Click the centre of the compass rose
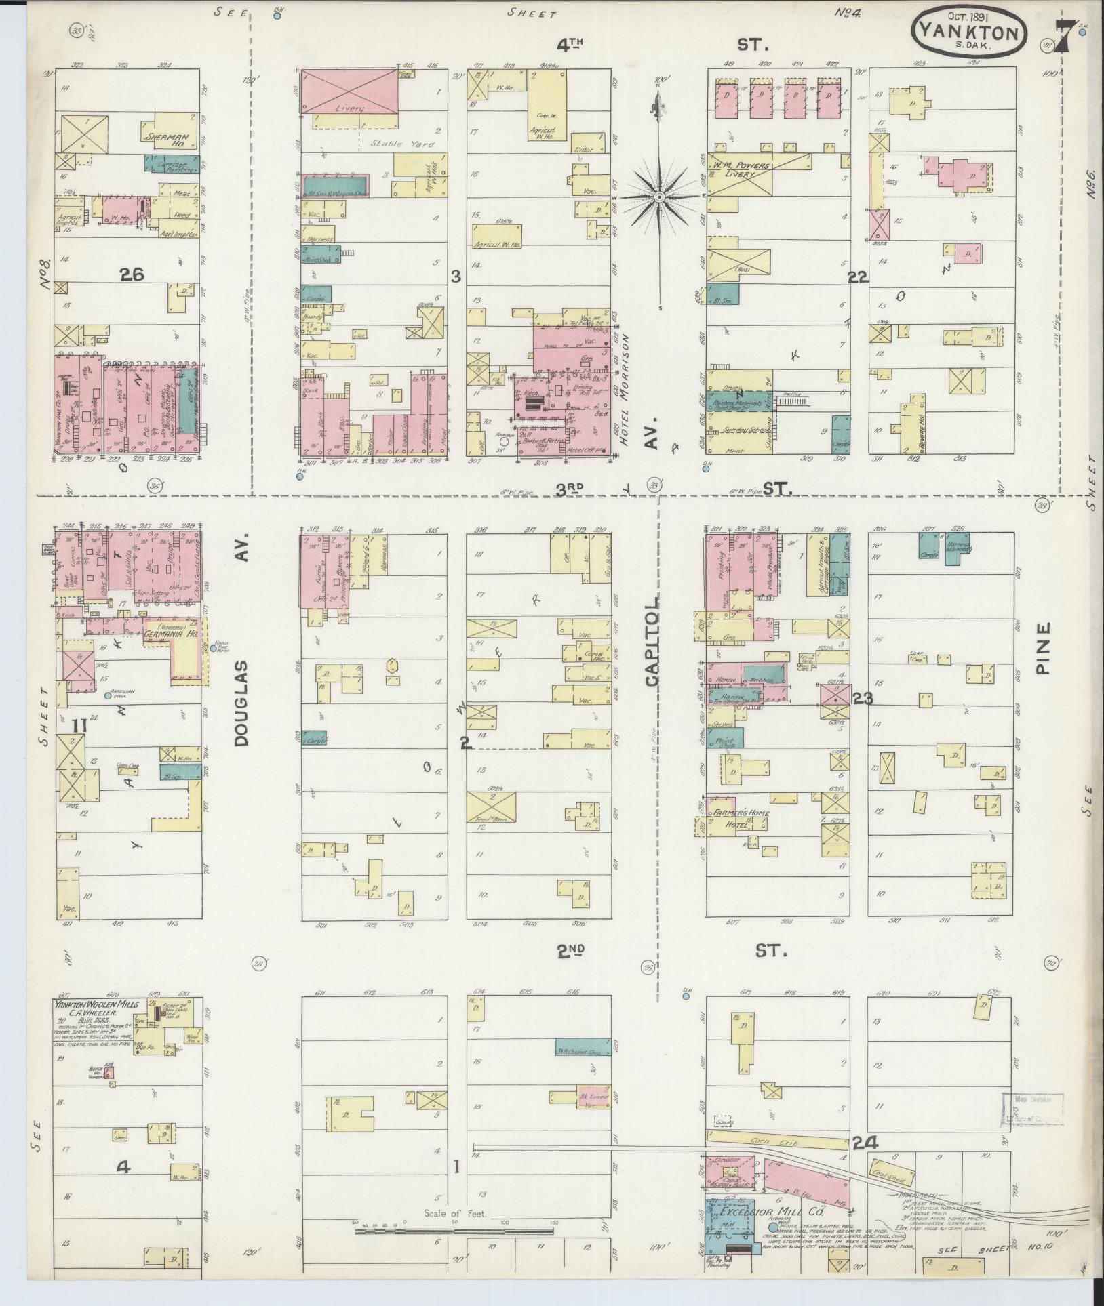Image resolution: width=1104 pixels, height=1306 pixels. pyautogui.click(x=658, y=197)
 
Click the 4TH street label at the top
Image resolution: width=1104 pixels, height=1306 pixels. pyautogui.click(x=570, y=45)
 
